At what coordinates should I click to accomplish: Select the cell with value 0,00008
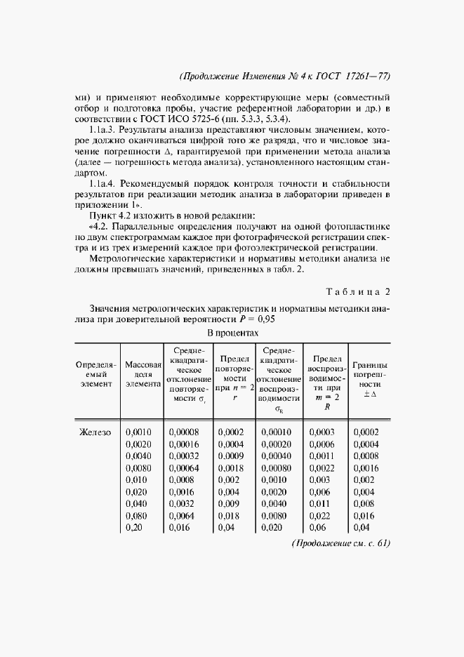coord(184,432)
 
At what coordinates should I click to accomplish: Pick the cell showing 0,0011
coord(322,456)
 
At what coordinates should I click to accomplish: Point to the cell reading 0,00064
coord(184,468)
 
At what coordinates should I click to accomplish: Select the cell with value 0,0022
coord(322,468)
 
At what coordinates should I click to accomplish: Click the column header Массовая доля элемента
coord(143,374)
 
